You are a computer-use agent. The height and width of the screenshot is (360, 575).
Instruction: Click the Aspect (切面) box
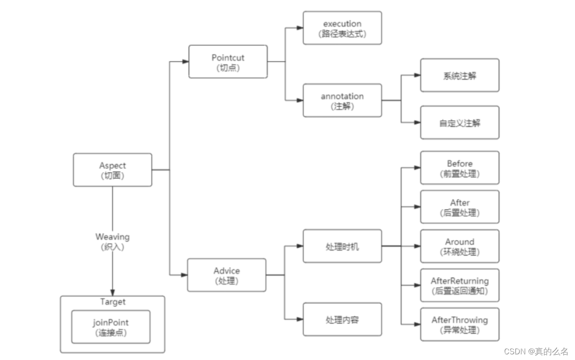click(x=113, y=170)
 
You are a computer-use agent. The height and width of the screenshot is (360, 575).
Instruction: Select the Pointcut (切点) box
click(x=228, y=61)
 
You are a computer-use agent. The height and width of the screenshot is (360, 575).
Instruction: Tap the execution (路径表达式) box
click(x=342, y=28)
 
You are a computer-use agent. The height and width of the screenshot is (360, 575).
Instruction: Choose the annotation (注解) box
click(x=342, y=100)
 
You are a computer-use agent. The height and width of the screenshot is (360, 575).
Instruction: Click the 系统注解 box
click(x=459, y=75)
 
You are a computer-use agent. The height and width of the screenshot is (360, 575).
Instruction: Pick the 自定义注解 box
click(x=459, y=123)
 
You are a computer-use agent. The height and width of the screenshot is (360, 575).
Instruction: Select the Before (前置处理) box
click(x=459, y=168)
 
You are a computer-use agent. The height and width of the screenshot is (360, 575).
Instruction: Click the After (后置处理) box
click(x=459, y=207)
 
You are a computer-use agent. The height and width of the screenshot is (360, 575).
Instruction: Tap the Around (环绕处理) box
click(x=459, y=246)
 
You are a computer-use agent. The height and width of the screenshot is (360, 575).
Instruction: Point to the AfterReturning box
click(x=459, y=286)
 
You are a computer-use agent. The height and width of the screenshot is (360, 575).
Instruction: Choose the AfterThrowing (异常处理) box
click(x=459, y=325)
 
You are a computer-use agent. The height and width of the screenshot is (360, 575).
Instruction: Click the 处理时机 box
click(x=342, y=246)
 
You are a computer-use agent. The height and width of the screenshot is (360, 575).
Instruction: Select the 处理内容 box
click(x=342, y=319)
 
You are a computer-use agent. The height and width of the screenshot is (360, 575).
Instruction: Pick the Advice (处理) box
click(x=227, y=275)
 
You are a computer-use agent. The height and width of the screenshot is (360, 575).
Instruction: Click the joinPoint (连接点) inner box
click(x=110, y=327)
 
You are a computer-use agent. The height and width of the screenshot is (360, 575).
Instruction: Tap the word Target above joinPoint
click(x=113, y=302)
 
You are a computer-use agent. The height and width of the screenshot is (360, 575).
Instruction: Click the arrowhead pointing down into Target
click(x=113, y=291)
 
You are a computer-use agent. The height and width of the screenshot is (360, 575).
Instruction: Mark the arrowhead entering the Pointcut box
click(x=185, y=61)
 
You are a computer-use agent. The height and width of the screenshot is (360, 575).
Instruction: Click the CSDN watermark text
click(x=536, y=351)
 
